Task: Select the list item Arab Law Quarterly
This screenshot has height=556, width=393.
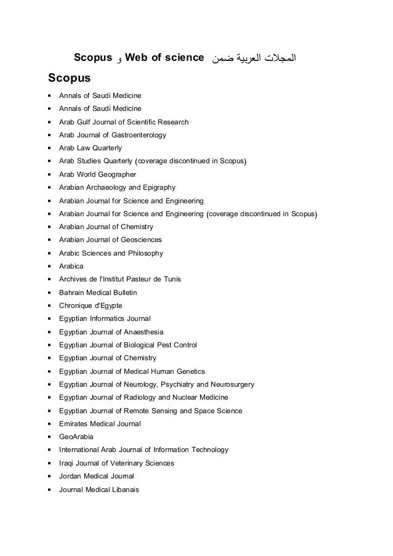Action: coord(90,148)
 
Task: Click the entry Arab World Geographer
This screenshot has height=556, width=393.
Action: coord(97,174)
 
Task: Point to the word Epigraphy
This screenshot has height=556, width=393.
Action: coord(160,187)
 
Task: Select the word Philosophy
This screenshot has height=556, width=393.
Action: coord(143,253)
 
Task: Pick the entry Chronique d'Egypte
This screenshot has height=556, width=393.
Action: coord(90,305)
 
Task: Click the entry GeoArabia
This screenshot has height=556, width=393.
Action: coord(76,437)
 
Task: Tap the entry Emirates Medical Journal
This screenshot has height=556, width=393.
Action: coord(100,424)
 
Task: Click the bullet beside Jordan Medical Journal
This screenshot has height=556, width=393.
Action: coord(48,477)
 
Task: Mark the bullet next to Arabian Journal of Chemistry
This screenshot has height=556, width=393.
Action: coord(48,227)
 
